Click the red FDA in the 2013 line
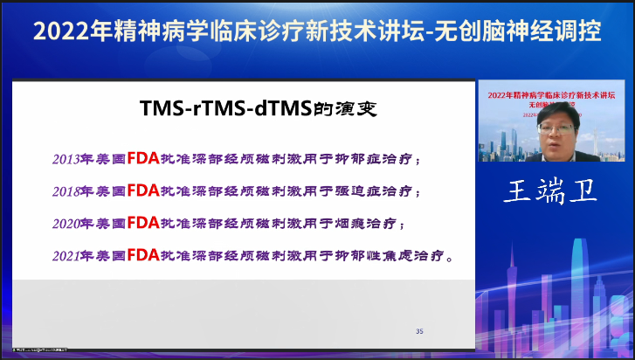coord(143,159)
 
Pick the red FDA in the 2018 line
coord(143,190)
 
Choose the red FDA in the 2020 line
coord(143,223)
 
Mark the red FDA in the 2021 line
coord(143,255)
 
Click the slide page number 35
coord(419,331)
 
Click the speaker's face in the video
coord(555,132)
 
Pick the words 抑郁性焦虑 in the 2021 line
coord(385,256)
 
